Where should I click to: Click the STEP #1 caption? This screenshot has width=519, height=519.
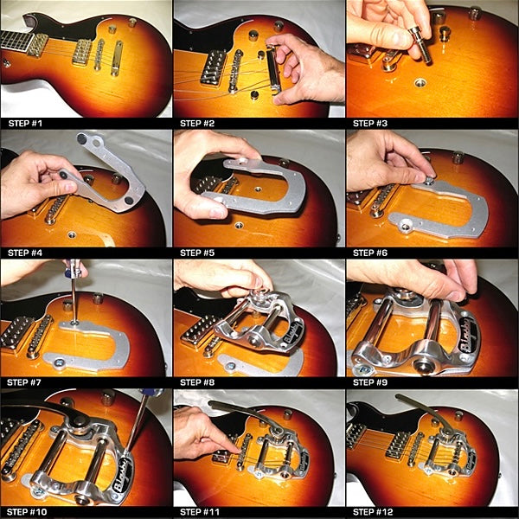click(x=25, y=124)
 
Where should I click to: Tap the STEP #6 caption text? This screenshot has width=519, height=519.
click(x=370, y=253)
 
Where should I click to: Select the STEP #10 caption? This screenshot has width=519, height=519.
click(x=27, y=512)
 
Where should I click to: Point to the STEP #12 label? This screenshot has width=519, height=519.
click(x=373, y=512)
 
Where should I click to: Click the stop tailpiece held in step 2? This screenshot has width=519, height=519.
click(x=273, y=70)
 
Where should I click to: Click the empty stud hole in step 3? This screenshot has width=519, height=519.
click(x=420, y=82)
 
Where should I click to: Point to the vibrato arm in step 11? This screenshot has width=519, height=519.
click(x=244, y=414)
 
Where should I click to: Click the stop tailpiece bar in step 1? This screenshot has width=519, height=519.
click(x=117, y=58)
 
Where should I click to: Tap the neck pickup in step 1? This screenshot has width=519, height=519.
click(x=37, y=45)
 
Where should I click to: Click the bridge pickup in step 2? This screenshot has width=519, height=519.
click(x=213, y=67)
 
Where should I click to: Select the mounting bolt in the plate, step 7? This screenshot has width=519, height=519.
click(x=59, y=362)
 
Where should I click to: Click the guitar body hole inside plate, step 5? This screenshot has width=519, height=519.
click(x=258, y=189)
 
